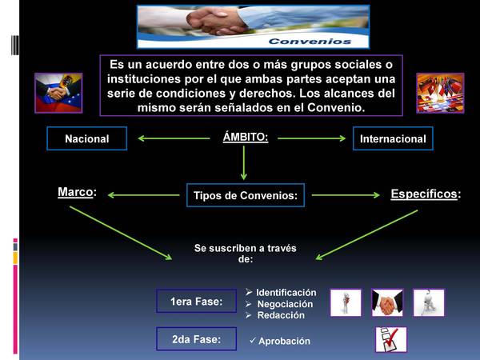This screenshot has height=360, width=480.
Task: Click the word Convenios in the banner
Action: (x=310, y=42)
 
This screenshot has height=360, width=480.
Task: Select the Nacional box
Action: (x=87, y=138)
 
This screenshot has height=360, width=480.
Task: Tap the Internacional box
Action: (x=393, y=138)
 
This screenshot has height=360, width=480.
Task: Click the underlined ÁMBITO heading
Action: (x=246, y=137)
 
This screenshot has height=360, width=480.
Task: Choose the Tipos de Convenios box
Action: (x=246, y=195)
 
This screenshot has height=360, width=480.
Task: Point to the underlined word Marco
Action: (x=75, y=192)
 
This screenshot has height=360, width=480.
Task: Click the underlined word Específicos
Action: (x=424, y=194)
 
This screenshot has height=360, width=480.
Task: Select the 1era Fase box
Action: (x=197, y=301)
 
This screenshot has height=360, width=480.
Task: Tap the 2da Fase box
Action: (x=197, y=339)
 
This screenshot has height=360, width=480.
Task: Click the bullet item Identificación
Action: (x=286, y=293)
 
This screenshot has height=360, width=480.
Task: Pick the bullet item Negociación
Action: (x=285, y=304)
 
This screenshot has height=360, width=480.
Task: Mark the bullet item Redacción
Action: (x=281, y=315)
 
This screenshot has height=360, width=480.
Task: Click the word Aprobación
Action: (x=284, y=341)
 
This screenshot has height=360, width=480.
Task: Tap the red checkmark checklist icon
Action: (x=391, y=339)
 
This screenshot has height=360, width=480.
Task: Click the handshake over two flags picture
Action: (x=58, y=93)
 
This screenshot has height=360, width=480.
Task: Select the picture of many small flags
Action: (x=440, y=93)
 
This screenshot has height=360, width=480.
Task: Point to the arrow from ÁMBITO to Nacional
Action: (x=174, y=138)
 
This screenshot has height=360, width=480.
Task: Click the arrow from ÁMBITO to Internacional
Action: (x=312, y=138)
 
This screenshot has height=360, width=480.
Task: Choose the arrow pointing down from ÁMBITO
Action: (x=244, y=163)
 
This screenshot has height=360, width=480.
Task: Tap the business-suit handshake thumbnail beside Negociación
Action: (x=387, y=302)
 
